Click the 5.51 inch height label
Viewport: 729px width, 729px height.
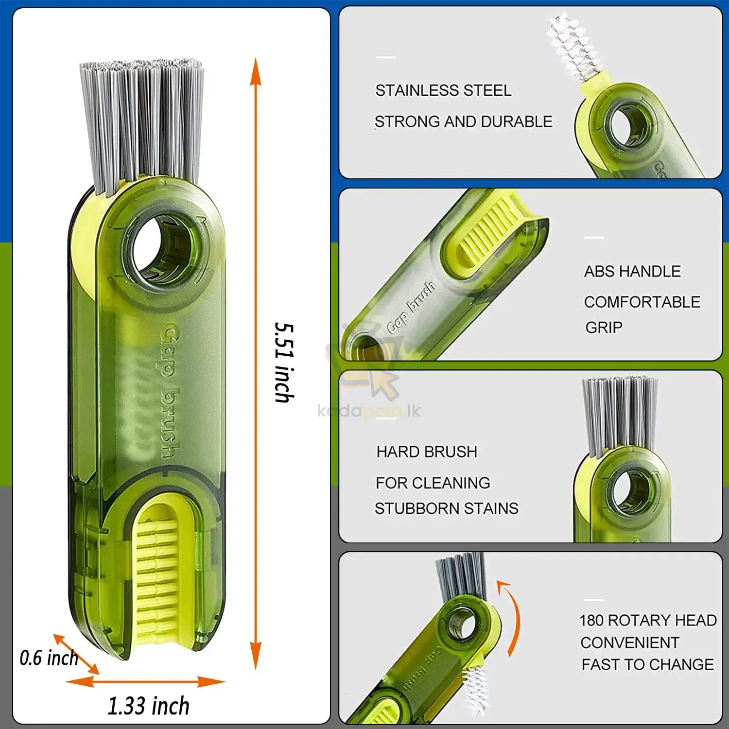click(x=284, y=362)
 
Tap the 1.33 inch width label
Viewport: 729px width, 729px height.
click(x=148, y=706)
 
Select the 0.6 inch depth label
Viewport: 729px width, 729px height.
click(x=49, y=658)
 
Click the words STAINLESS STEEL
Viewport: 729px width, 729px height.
click(x=443, y=90)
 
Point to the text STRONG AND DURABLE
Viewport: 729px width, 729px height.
click(x=464, y=121)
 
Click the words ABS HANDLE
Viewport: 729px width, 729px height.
click(x=632, y=271)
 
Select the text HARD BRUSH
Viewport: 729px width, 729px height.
click(x=427, y=452)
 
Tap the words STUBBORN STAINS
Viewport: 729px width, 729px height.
click(x=446, y=508)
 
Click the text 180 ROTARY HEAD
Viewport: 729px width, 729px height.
click(x=648, y=621)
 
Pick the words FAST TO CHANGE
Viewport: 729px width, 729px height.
click(x=648, y=664)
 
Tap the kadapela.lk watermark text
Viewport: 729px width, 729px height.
click(x=369, y=411)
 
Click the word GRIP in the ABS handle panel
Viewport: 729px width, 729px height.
click(x=604, y=328)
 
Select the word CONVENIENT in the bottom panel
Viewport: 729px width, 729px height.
click(x=630, y=642)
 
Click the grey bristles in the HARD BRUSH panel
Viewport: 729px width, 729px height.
click(x=620, y=416)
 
